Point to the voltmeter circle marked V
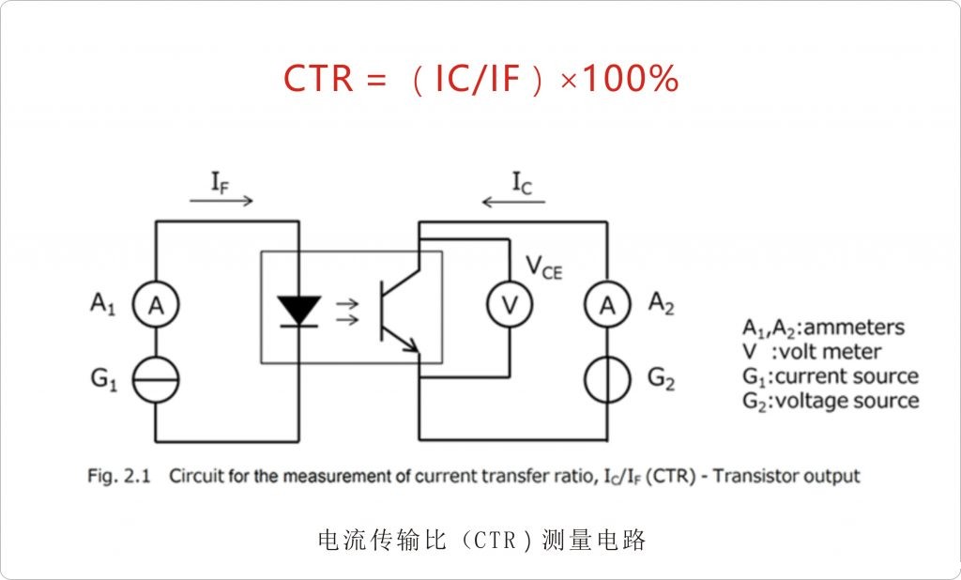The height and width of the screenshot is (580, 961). (510, 304)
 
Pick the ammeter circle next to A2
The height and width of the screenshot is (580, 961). (606, 304)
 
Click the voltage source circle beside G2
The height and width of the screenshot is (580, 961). (606, 380)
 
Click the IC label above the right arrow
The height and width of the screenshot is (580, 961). (522, 182)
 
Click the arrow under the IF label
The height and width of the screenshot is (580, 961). (221, 201)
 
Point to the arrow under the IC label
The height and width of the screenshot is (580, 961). (511, 201)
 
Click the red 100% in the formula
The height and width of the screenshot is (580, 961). (631, 80)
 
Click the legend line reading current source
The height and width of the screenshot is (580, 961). (831, 376)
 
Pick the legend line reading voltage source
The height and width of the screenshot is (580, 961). (831, 401)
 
